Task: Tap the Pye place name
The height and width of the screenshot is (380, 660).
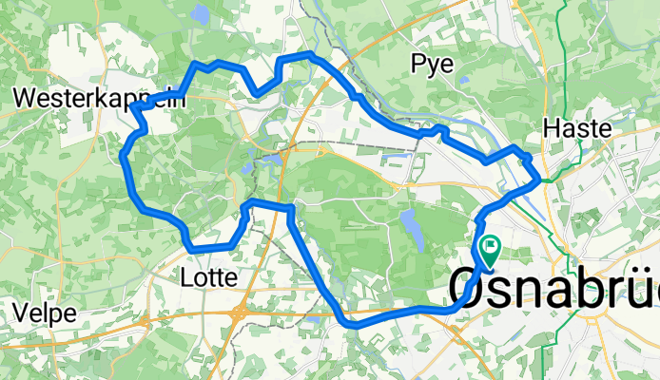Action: click(433, 63)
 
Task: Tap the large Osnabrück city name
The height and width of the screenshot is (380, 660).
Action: click(553, 287)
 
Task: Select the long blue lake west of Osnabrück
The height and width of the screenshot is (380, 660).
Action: click(410, 226)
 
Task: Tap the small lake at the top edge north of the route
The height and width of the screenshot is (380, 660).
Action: click(200, 14)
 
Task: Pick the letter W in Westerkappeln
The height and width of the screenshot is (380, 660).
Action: click(28, 97)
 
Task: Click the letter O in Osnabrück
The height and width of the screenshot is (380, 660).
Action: click(465, 287)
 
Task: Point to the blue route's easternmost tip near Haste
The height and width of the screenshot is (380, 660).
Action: click(539, 178)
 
